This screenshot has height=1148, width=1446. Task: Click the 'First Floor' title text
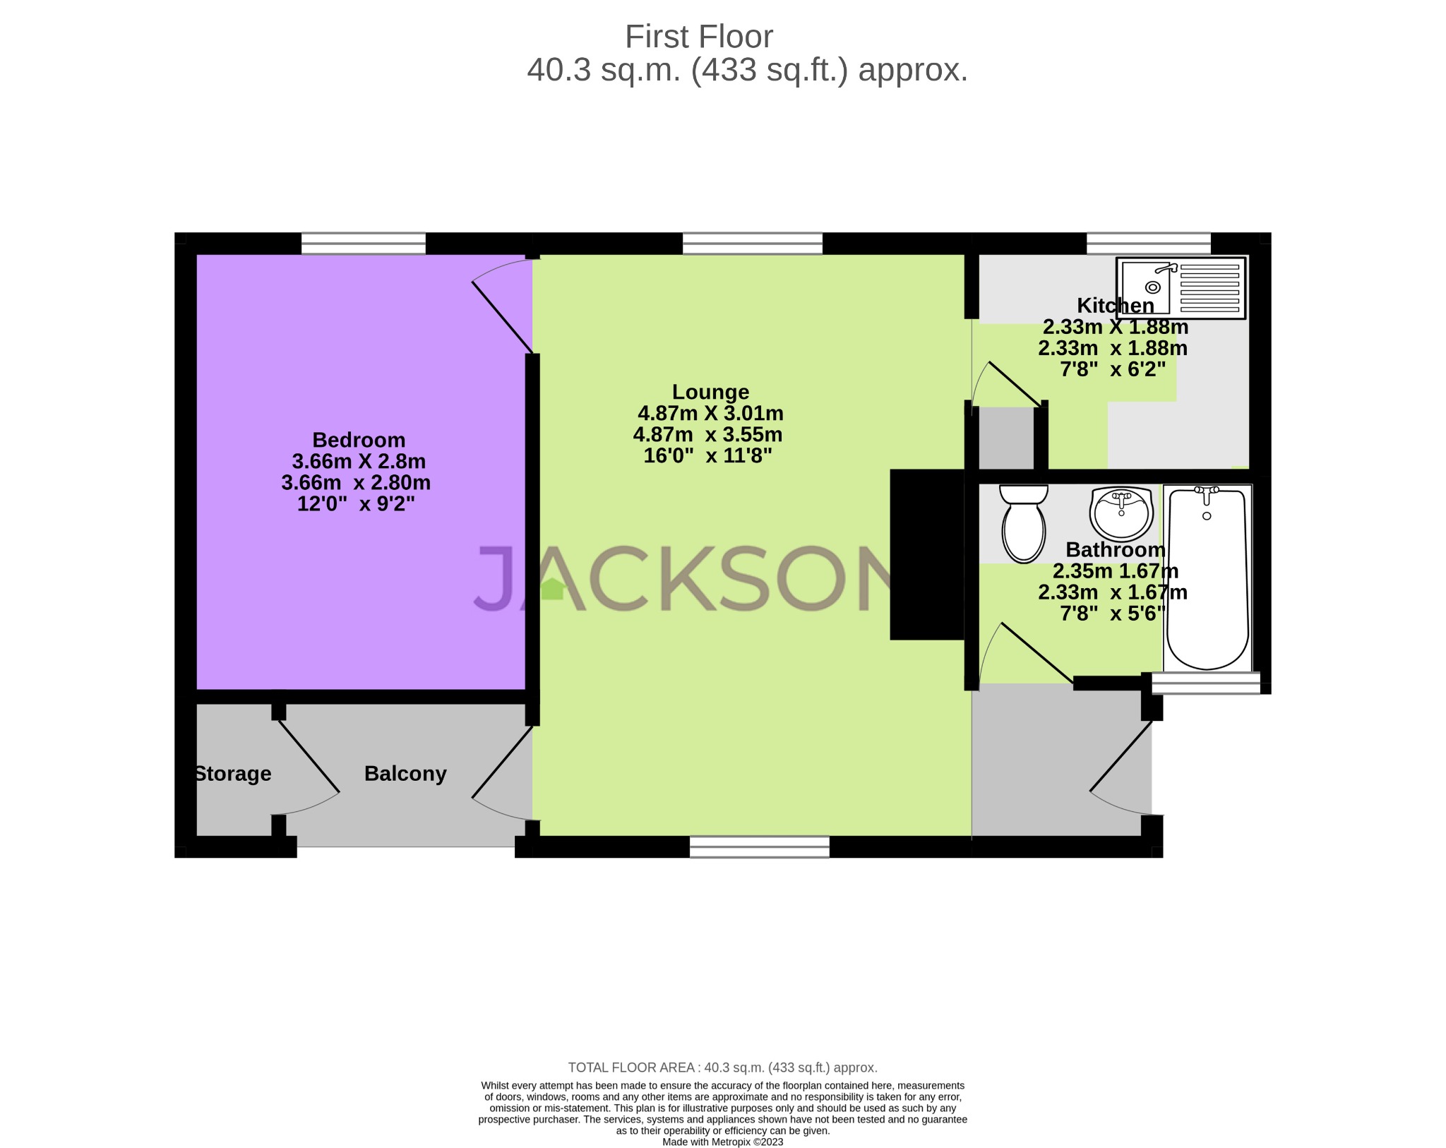pyautogui.click(x=698, y=37)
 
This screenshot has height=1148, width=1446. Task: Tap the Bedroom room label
pyautogui.click(x=359, y=440)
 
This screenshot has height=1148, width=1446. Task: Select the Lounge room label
pyautogui.click(x=710, y=392)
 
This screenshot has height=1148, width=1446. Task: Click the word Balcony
pyautogui.click(x=405, y=774)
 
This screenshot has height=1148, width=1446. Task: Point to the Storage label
pyautogui.click(x=233, y=774)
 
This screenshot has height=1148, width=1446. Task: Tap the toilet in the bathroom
pyautogui.click(x=1023, y=526)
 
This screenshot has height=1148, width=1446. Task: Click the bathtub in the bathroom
pyautogui.click(x=1207, y=579)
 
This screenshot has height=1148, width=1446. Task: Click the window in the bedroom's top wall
pyautogui.click(x=363, y=244)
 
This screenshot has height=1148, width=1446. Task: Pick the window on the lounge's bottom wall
pyautogui.click(x=759, y=847)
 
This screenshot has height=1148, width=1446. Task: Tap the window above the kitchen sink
pyautogui.click(x=1148, y=244)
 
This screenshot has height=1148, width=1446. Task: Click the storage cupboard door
pyautogui.click(x=309, y=755)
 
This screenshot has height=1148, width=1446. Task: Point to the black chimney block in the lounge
pyautogui.click(x=926, y=554)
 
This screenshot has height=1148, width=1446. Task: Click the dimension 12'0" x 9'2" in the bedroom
pyautogui.click(x=356, y=504)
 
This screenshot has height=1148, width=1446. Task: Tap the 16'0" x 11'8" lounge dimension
pyautogui.click(x=707, y=456)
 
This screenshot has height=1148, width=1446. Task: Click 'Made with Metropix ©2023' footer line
pyautogui.click(x=722, y=1142)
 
